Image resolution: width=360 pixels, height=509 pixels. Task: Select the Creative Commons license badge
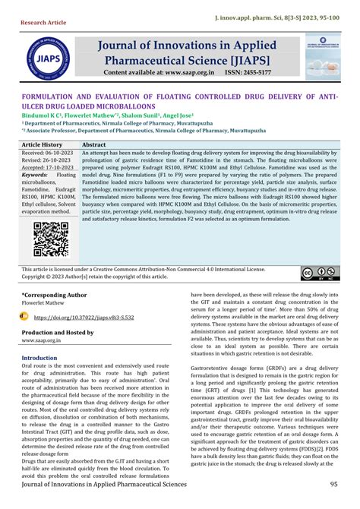pyautogui.click(x=317, y=273)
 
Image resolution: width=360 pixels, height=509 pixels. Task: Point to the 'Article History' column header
pyautogui.click(x=43, y=144)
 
